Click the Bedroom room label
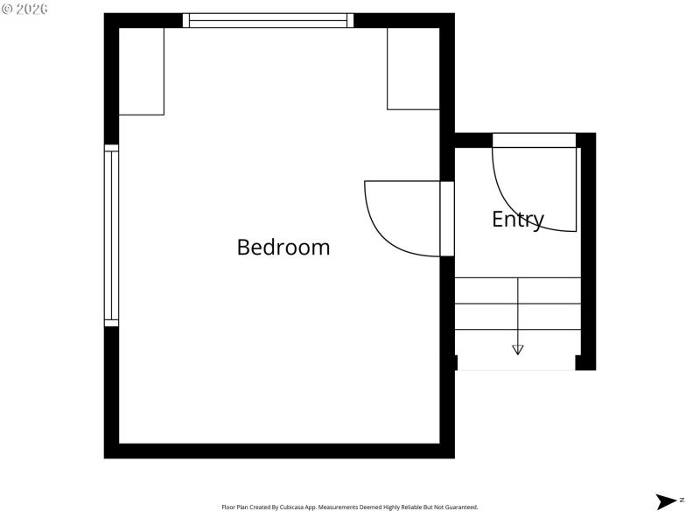pyautogui.click(x=283, y=247)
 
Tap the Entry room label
pyautogui.click(x=518, y=219)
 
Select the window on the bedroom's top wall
pyautogui.click(x=268, y=20)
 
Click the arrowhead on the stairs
pyautogui.click(x=518, y=349)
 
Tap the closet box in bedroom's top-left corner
pyautogui.click(x=141, y=71)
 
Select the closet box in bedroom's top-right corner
pyautogui.click(x=414, y=68)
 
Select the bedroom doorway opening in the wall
pyautogui.click(x=447, y=219)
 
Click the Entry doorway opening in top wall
pyautogui.click(x=534, y=140)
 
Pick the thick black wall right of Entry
pyautogui.click(x=587, y=254)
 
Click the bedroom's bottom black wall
pyautogui.click(x=279, y=451)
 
